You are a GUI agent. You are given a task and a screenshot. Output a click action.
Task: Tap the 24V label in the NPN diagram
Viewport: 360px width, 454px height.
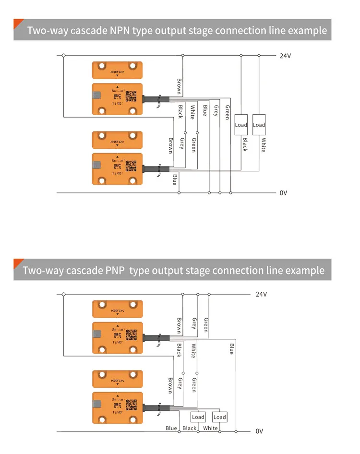285,56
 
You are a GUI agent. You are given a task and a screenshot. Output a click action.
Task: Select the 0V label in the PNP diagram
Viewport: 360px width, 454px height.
259,431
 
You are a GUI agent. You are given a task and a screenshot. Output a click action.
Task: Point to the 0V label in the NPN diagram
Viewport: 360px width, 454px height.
283,193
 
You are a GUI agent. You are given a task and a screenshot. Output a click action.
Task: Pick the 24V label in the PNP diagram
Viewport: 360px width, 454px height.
261,294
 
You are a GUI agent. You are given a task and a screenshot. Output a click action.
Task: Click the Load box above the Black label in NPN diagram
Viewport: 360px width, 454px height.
241,125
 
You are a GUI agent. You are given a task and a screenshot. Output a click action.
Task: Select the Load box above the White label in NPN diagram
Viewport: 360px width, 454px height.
259,125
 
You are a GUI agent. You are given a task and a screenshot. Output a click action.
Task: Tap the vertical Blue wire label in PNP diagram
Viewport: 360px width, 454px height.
231,349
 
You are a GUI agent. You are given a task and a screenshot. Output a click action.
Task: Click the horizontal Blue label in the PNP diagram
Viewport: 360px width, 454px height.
171,428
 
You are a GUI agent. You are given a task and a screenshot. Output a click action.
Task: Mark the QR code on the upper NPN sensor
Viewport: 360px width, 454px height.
131,95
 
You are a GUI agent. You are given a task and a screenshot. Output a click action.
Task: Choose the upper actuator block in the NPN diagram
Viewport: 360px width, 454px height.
117,71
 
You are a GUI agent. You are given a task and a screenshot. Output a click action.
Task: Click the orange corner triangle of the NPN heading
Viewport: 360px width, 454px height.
18,23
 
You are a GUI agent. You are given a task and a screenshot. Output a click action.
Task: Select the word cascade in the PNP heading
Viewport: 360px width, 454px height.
84,270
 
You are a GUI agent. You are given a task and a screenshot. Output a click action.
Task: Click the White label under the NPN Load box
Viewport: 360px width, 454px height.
263,145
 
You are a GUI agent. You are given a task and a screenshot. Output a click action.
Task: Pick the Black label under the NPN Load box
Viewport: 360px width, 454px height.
245,144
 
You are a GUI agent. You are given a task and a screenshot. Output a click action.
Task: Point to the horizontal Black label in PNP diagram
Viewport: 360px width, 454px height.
190,428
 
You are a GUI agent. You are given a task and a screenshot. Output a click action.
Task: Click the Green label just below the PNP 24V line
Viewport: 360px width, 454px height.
206,324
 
